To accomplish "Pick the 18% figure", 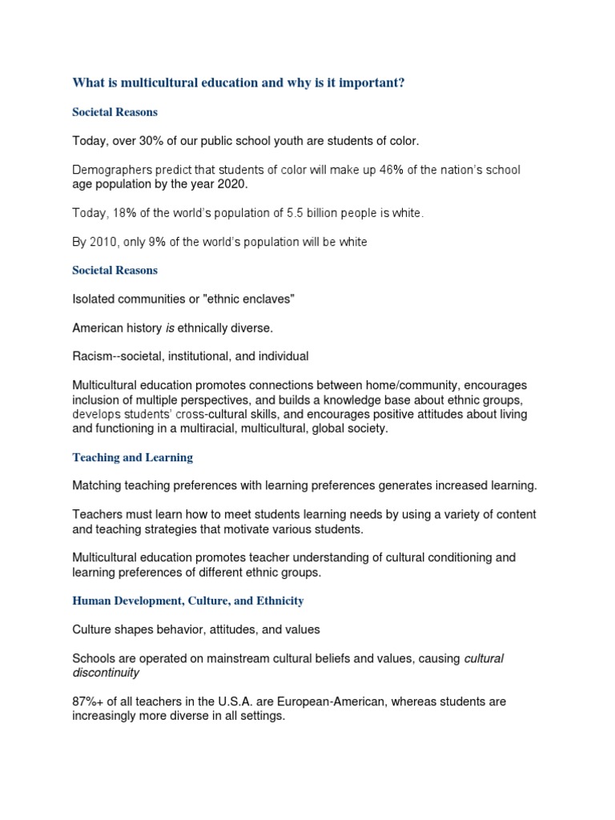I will tap(123, 213).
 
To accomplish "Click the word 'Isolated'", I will tap(95, 299).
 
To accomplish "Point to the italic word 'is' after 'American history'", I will tap(169, 328).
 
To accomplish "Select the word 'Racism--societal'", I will tap(119, 356).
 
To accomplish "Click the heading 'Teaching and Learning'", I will tap(132, 457).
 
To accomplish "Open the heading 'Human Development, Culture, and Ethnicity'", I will tap(187, 600).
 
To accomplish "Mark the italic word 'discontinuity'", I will tap(106, 673).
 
